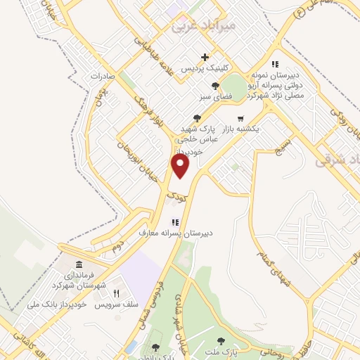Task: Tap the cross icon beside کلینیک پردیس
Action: (205, 57)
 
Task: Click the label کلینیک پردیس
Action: (202, 70)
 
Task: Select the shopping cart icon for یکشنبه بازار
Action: (240, 118)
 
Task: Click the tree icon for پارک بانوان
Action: (155, 347)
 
